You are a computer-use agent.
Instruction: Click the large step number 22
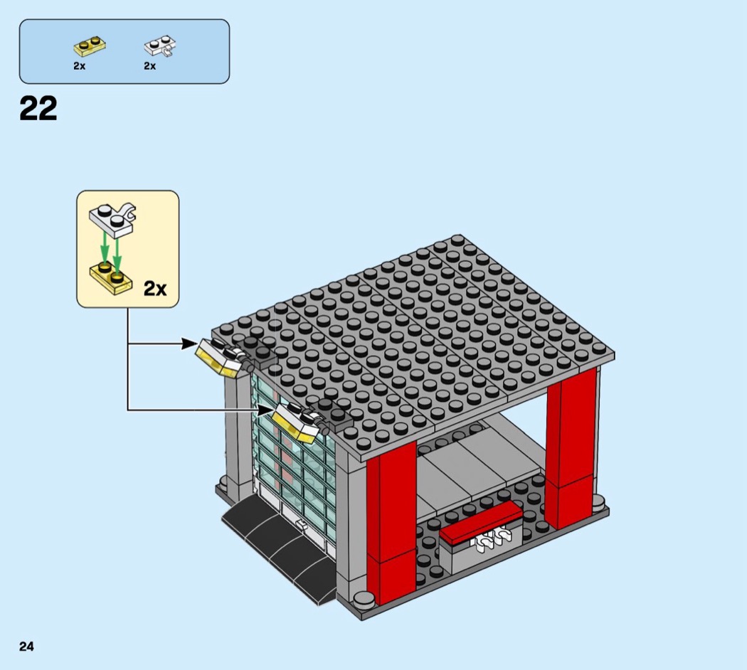tap(38, 110)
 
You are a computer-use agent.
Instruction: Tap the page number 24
tap(26, 647)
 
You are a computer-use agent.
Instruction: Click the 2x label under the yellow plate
tap(79, 66)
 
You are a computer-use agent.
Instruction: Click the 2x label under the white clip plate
tap(149, 66)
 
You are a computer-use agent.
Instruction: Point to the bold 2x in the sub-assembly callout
tap(154, 288)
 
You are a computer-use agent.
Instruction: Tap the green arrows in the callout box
tap(111, 249)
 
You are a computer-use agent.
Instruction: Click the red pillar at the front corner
tap(391, 519)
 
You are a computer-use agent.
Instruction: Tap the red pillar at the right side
tap(571, 448)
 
